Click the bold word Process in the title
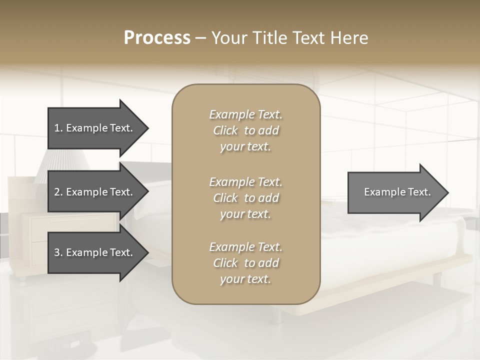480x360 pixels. click(157, 38)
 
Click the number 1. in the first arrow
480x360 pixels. click(58, 128)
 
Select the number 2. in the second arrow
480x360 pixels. click(58, 192)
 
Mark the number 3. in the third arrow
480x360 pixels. click(58, 252)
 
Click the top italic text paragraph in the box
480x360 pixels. click(245, 130)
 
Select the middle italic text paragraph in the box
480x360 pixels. click(245, 198)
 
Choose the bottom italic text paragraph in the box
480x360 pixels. click(245, 263)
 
